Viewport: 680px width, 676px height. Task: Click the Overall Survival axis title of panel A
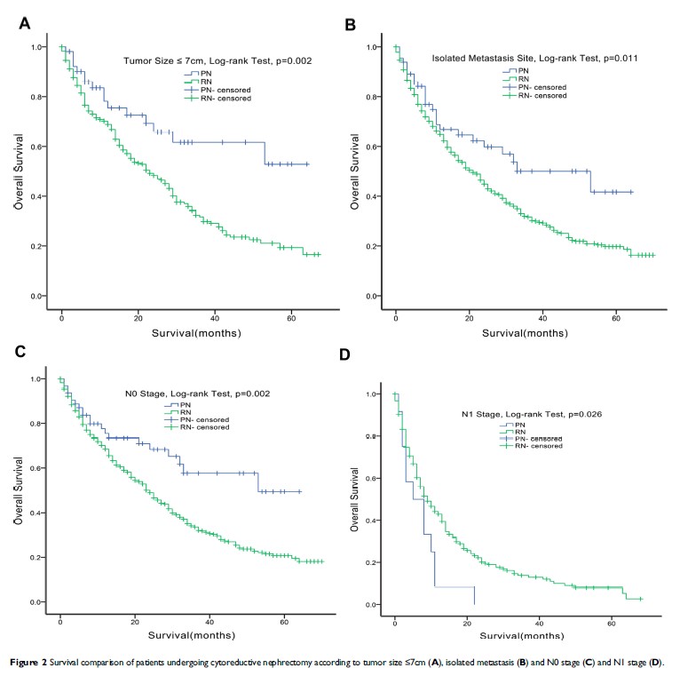coord(18,171)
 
